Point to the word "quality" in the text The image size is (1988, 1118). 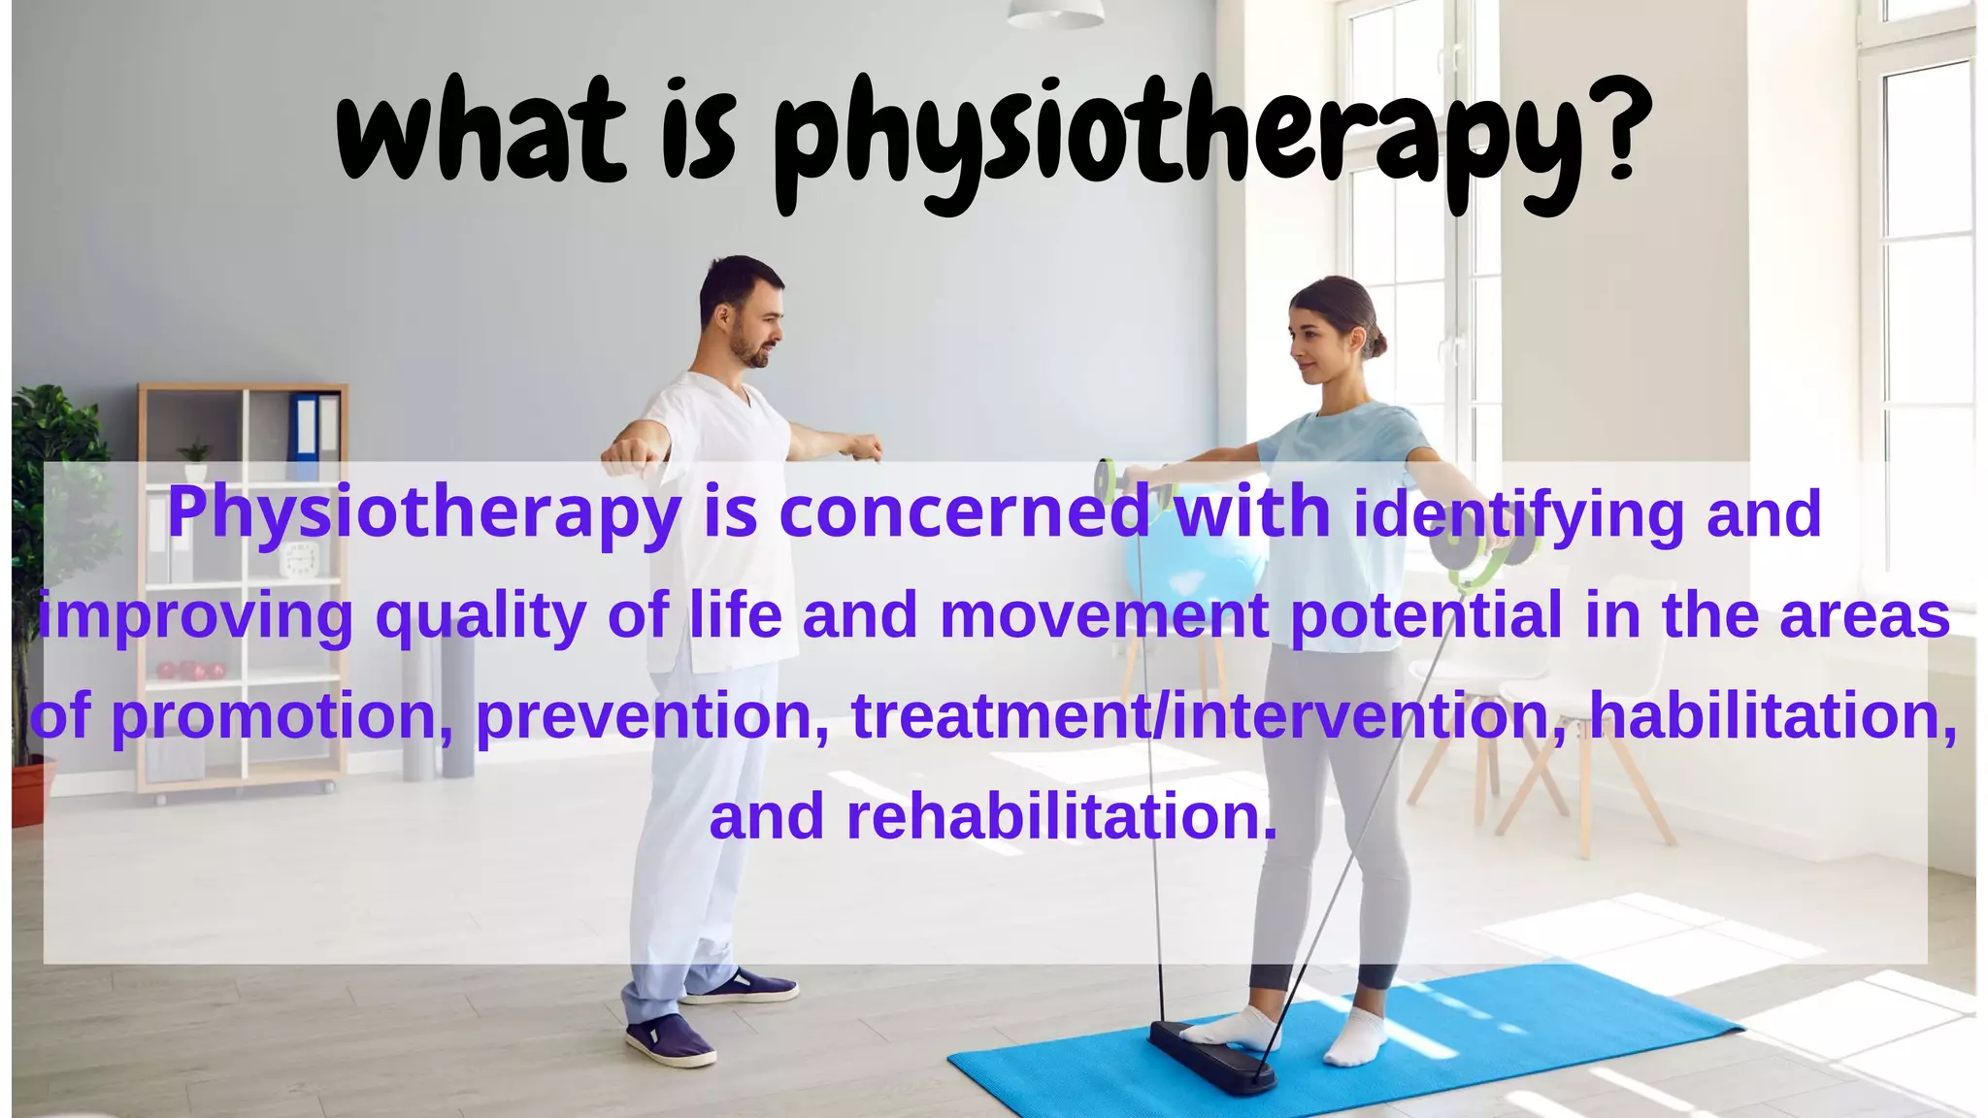point(480,617)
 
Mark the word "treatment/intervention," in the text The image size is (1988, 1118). point(1209,716)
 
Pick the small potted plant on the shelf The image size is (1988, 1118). point(195,460)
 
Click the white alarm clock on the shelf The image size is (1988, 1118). point(300,561)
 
